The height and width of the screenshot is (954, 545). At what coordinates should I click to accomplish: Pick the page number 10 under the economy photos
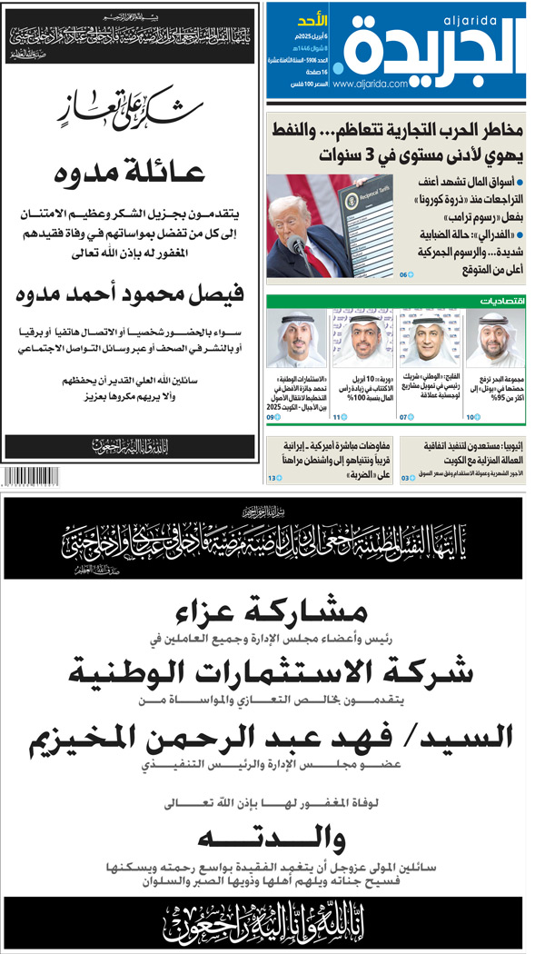click(x=472, y=392)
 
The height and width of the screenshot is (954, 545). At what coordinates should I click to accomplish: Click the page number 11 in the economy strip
click(x=338, y=392)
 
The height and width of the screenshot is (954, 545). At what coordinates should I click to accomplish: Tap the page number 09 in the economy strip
click(x=272, y=392)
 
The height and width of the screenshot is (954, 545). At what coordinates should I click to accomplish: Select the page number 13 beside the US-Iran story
click(x=272, y=477)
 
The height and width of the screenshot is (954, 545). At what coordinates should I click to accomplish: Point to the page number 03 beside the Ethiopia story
click(x=406, y=477)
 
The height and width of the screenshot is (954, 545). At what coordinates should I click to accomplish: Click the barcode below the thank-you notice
click(x=36, y=476)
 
